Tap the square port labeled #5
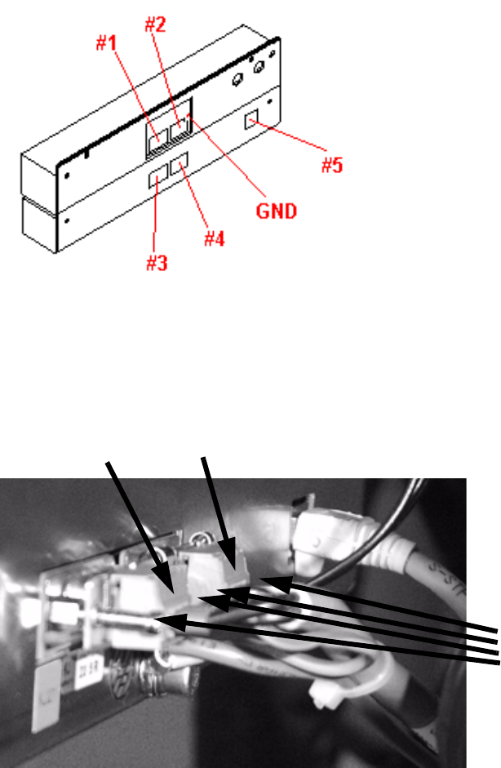coord(251,121)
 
